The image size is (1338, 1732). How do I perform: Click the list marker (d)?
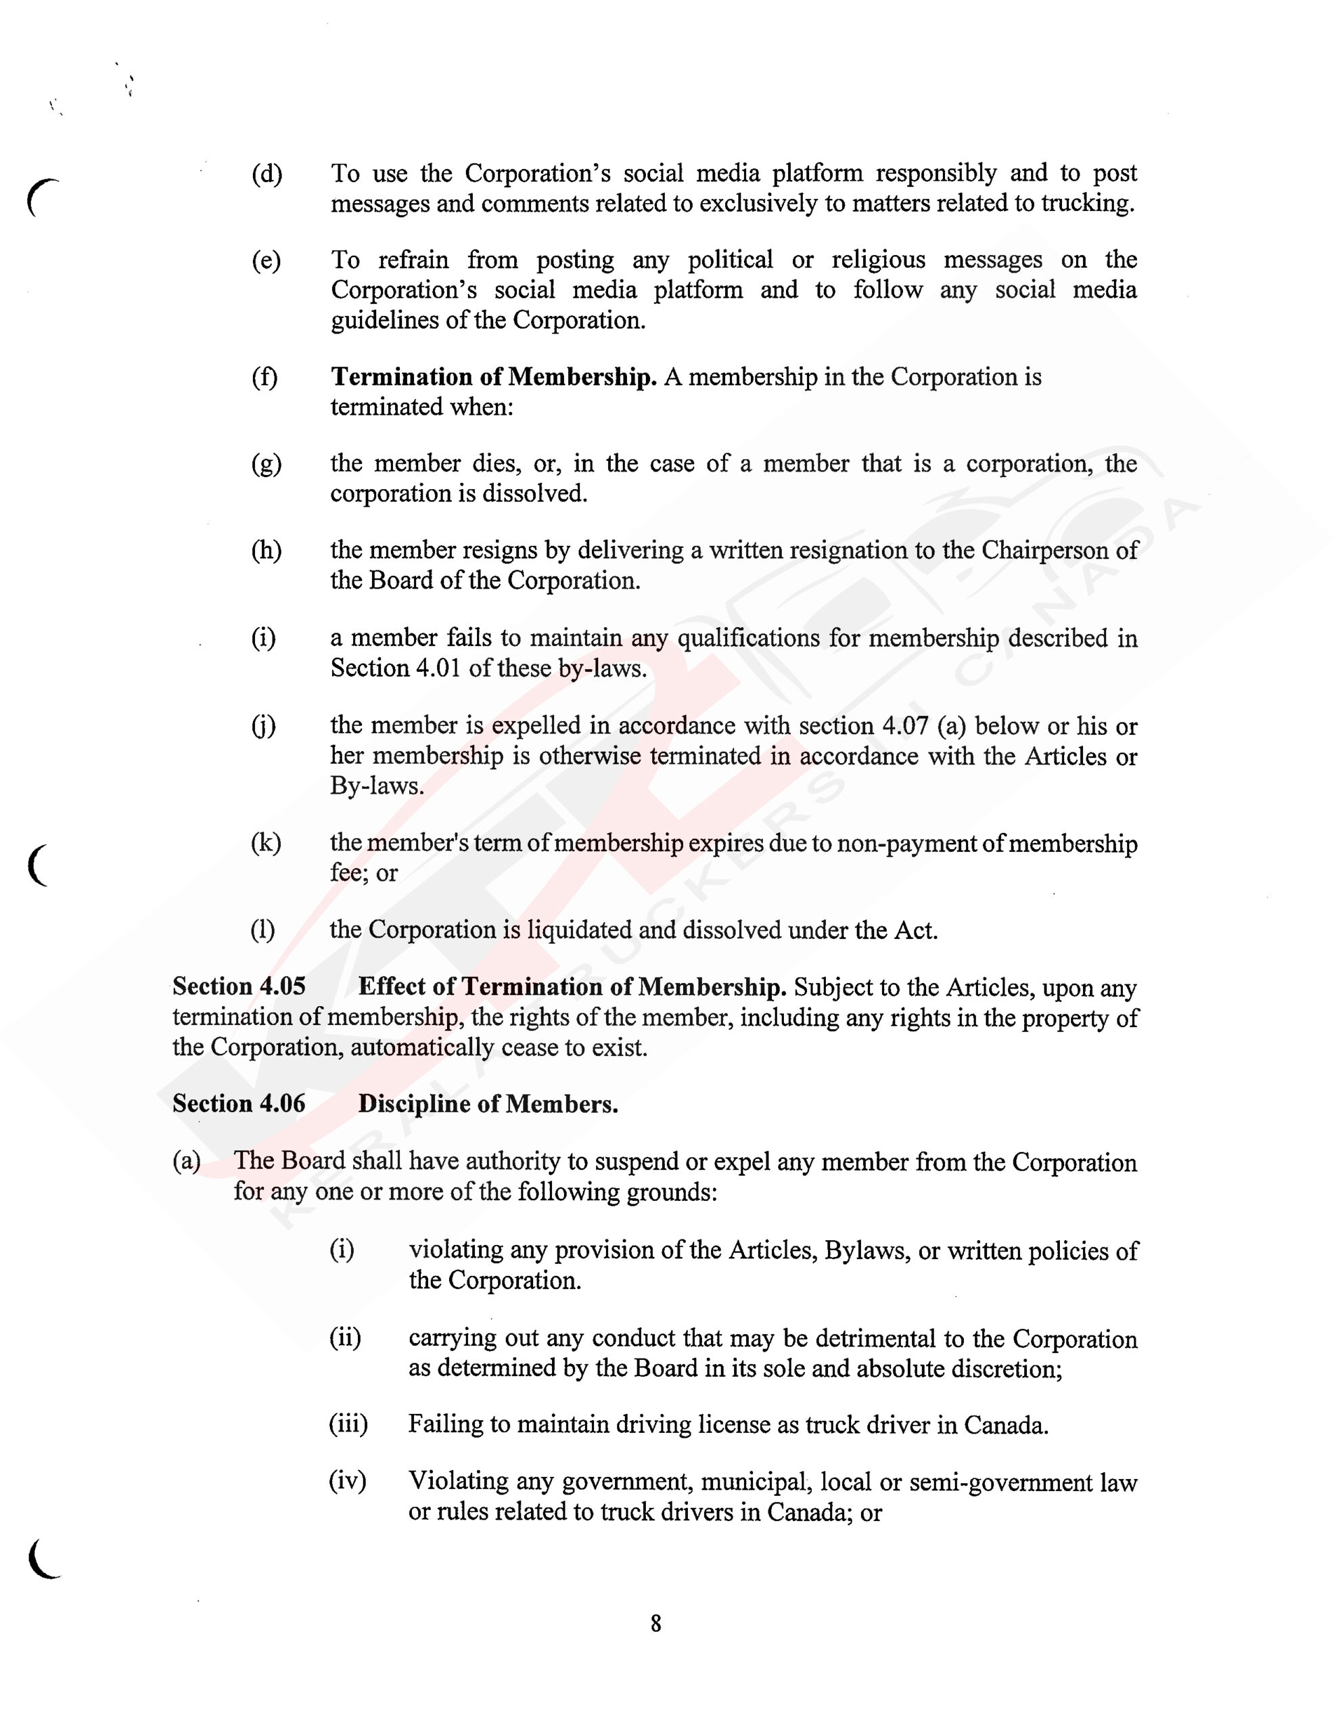tap(267, 174)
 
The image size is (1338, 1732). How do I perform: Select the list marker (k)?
tap(266, 843)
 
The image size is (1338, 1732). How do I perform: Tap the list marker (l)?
tap(263, 930)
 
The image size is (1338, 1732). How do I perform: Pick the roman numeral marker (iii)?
tap(348, 1424)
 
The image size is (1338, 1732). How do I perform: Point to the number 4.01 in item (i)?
tap(438, 668)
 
